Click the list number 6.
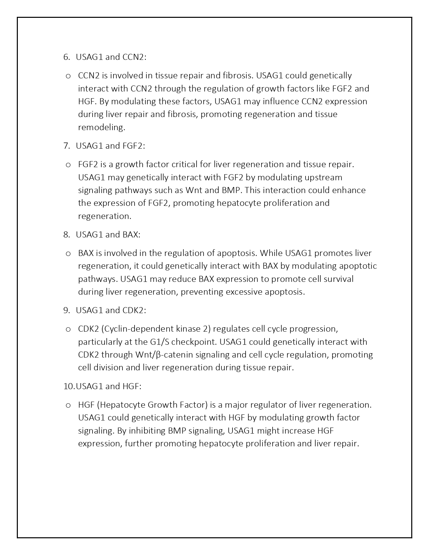(x=65, y=57)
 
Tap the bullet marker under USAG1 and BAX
(x=68, y=253)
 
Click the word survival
(x=337, y=279)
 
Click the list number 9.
(x=65, y=310)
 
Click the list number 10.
(x=69, y=386)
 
